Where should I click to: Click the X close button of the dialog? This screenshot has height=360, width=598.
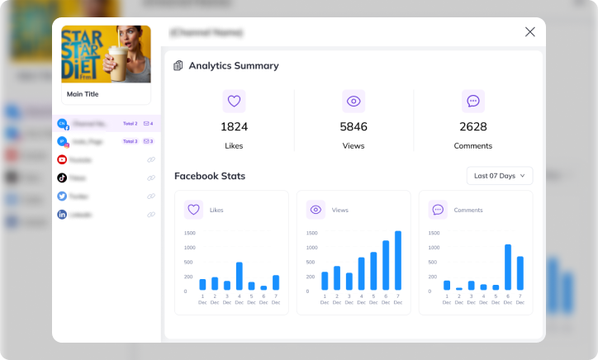coord(530,32)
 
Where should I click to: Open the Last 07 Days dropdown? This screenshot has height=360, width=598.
coord(500,176)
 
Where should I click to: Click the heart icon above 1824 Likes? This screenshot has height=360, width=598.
coord(234,102)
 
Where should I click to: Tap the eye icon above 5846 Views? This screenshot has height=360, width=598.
coord(354,102)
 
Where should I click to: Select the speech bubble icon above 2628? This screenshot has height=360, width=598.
coord(472,102)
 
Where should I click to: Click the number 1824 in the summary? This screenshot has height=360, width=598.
coord(234,126)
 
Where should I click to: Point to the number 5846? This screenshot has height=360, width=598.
coord(354,126)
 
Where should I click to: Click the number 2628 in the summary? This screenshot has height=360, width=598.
coord(472,126)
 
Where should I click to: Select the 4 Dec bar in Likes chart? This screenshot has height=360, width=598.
coord(240,277)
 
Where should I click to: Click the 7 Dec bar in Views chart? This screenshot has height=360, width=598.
coord(398,261)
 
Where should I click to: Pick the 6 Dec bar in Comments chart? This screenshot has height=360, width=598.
coord(508,268)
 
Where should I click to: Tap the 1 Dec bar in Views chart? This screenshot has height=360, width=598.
coord(325,281)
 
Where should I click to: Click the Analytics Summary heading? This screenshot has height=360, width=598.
coord(234,65)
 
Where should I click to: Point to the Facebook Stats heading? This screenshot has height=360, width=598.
coord(210,176)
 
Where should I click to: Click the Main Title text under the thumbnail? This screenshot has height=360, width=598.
coord(83,94)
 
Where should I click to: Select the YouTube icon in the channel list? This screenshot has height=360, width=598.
coord(62,160)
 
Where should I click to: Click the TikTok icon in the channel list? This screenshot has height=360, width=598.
coord(62,178)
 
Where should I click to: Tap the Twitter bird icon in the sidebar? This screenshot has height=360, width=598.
coord(62,197)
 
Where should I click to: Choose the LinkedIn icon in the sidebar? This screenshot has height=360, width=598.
coord(62,215)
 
